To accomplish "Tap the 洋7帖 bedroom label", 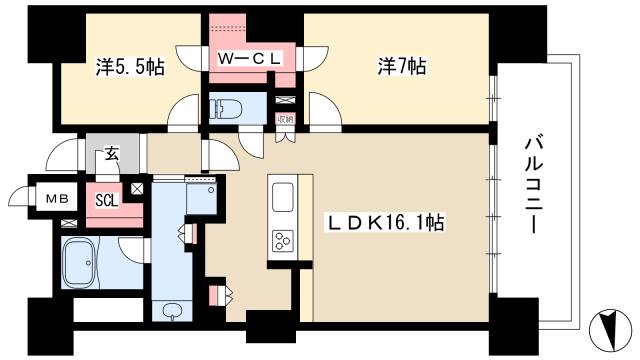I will click(x=401, y=66).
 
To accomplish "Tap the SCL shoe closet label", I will click(x=106, y=198).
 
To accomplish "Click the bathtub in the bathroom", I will click(x=78, y=263).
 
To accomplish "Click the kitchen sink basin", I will click(x=281, y=192).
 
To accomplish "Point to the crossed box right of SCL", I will click(x=136, y=188).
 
